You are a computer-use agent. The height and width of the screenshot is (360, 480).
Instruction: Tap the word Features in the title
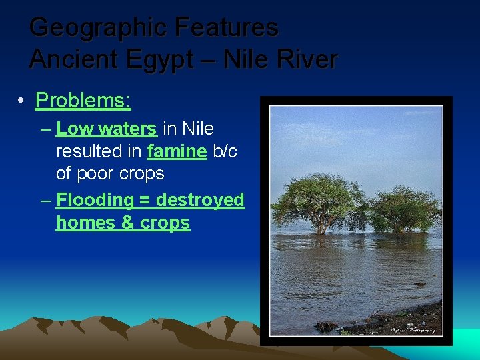click(x=226, y=28)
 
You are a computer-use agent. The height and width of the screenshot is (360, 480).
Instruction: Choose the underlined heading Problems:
click(x=83, y=101)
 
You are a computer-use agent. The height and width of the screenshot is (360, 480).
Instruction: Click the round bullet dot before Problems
click(x=22, y=101)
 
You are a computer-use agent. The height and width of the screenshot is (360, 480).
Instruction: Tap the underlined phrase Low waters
click(x=107, y=129)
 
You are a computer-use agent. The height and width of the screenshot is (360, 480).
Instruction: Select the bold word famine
click(x=177, y=151)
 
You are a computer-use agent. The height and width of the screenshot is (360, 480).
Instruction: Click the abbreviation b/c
click(x=225, y=151)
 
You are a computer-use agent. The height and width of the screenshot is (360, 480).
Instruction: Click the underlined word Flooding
click(x=95, y=199)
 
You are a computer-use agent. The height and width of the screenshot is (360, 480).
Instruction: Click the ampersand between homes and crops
click(x=128, y=222)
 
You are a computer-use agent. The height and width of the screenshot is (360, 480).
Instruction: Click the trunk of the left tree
click(x=321, y=225)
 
